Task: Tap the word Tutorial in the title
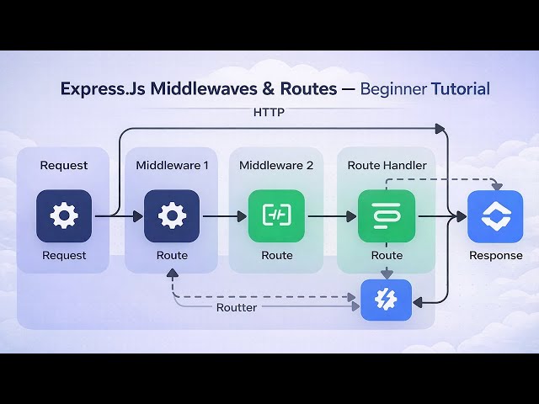click(459, 88)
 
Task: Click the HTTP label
click(269, 112)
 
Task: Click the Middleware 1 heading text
click(172, 165)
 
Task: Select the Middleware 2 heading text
click(276, 165)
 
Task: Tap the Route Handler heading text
click(387, 165)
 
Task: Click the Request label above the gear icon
click(63, 165)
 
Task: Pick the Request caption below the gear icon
click(63, 255)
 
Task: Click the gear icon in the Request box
click(63, 216)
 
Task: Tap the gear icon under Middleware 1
click(172, 216)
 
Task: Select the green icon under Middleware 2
click(276, 216)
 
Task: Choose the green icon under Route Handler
click(387, 216)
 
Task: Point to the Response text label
click(495, 255)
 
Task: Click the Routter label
click(237, 307)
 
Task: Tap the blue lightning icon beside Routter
click(387, 300)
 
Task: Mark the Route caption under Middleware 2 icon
click(276, 255)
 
